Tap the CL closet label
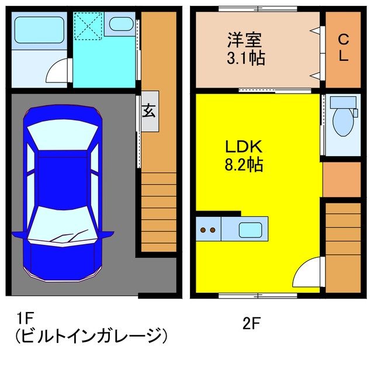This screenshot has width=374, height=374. coord(344,48)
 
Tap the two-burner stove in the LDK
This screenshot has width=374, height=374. coord(208,228)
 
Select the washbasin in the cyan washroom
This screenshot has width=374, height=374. coord(121,25)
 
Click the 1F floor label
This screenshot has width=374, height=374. coord(26,319)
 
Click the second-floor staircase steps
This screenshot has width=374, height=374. coord(343,245)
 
